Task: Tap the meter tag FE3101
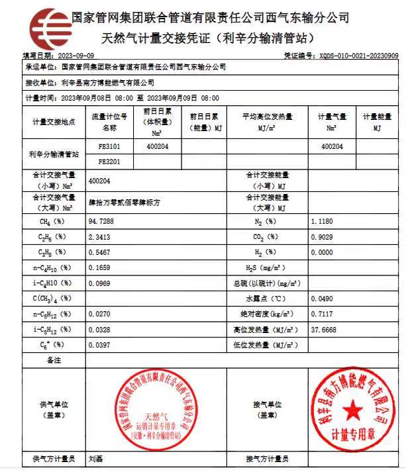click(x=109, y=146)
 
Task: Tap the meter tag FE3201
click(x=109, y=161)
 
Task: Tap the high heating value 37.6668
click(x=324, y=329)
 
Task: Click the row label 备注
click(x=54, y=360)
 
